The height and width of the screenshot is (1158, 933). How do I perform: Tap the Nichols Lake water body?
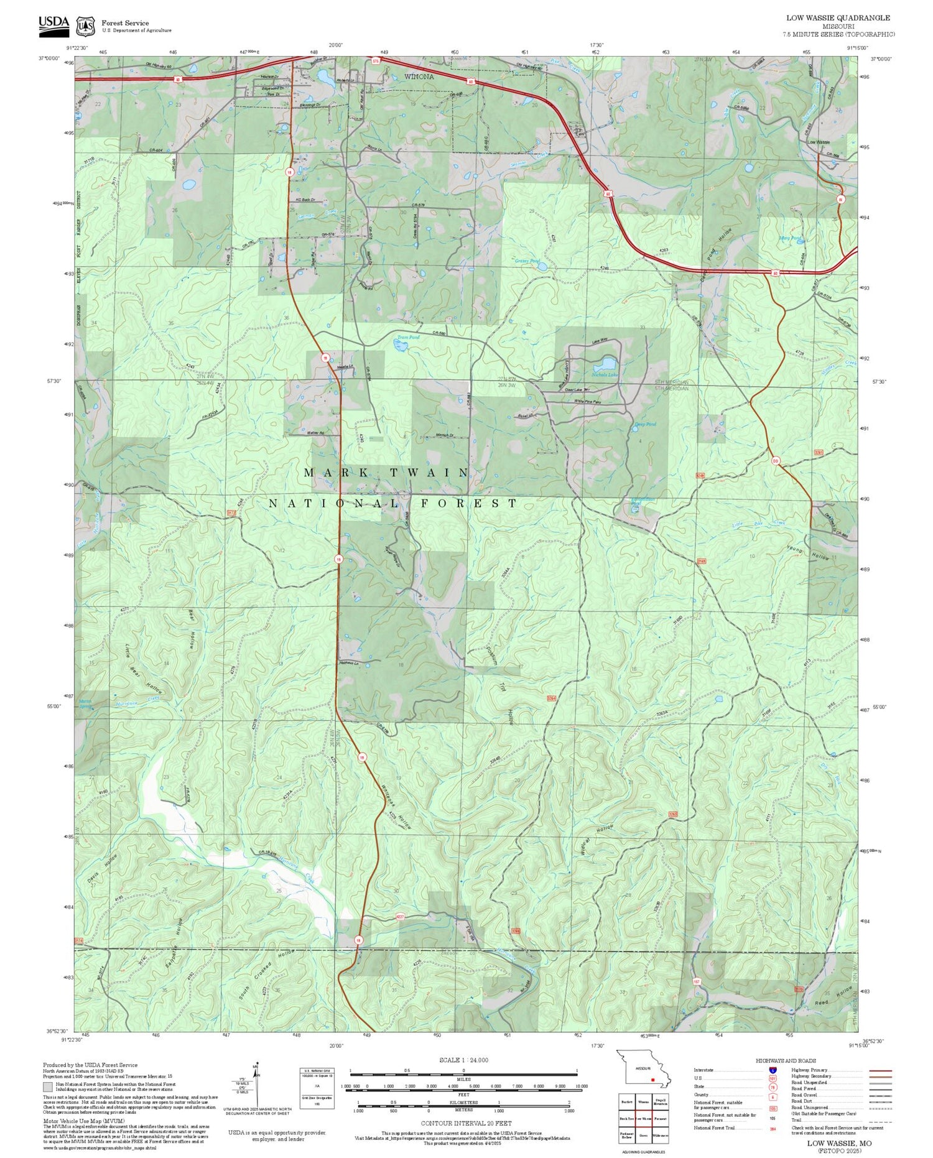coord(604,364)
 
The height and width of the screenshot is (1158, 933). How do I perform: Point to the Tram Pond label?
coord(408,338)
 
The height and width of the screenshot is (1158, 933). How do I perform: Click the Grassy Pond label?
coord(526,261)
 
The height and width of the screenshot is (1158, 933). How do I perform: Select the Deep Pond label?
coord(645,424)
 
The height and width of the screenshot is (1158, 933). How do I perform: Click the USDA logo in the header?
coord(54,23)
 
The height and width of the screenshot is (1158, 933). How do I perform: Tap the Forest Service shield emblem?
coord(85,26)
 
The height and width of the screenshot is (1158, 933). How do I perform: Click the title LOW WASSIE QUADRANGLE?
coord(838,18)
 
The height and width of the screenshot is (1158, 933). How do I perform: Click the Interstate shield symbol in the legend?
coord(773,1070)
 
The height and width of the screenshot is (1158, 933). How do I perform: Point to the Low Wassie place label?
coord(818,142)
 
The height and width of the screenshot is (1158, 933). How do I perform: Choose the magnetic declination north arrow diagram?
coord(258,1083)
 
